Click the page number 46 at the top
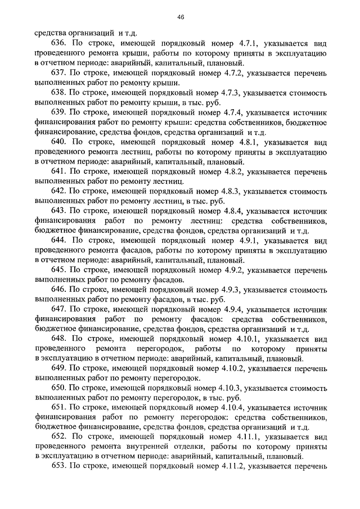(x=180, y=17)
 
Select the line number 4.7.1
(x=221, y=43)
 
